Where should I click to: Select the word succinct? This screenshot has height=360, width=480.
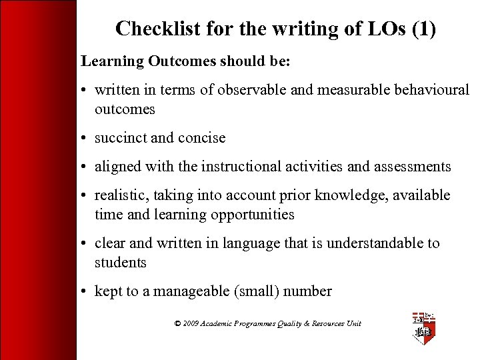121,138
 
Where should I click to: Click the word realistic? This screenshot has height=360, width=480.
118,195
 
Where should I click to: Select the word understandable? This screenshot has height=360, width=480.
365,243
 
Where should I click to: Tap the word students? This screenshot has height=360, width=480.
120,263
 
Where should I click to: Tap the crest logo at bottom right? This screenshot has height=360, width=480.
424,327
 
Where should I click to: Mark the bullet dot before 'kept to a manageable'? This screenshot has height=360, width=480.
85,291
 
